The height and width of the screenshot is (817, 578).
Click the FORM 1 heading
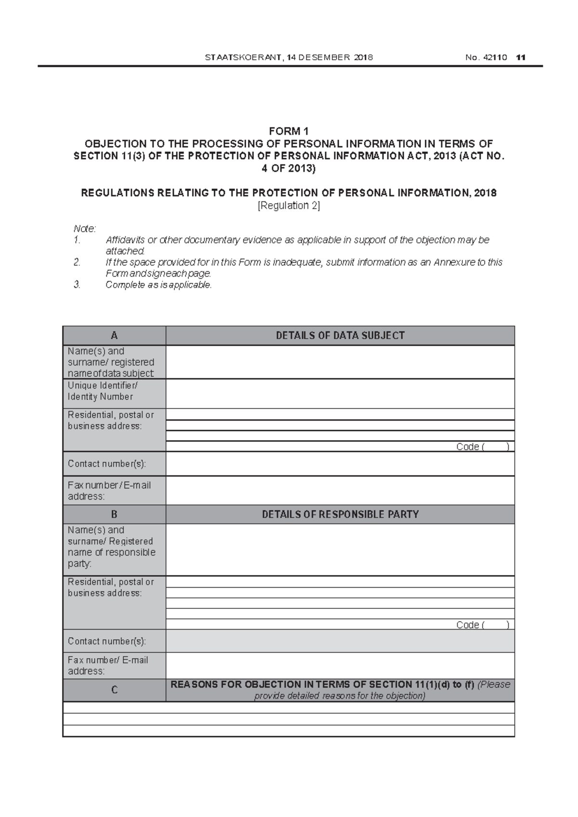tap(289, 132)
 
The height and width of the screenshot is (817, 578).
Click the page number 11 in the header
tap(520, 58)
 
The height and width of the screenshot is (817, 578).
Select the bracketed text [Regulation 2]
tap(289, 206)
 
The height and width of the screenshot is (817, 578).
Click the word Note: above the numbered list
tap(85, 228)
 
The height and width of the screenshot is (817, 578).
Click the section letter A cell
tap(114, 336)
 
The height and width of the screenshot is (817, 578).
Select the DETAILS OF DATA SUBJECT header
tap(340, 336)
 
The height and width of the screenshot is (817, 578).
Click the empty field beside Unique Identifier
tap(340, 394)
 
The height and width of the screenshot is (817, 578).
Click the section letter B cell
tap(114, 514)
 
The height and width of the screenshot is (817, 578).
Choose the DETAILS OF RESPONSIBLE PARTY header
tap(340, 514)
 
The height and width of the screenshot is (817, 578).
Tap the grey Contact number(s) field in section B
tap(340, 641)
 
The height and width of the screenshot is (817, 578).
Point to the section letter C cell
tap(114, 690)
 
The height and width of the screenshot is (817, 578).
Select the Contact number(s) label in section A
tap(106, 464)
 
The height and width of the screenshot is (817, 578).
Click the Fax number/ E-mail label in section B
tap(108, 666)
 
